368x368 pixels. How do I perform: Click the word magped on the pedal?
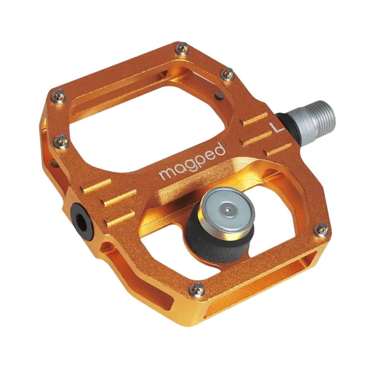pos(192,162)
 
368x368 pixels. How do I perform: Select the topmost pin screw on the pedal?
pos(182,48)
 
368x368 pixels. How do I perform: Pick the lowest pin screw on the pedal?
pos(197,289)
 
